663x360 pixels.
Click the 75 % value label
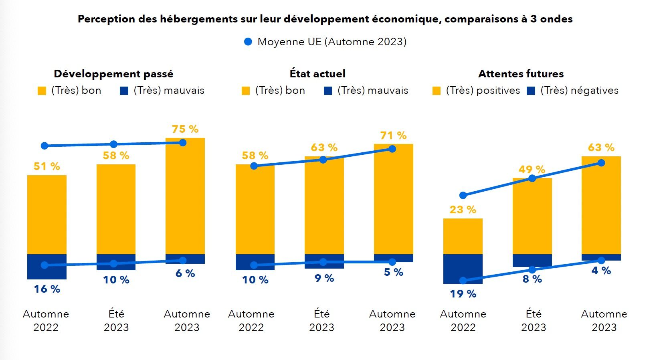tap(185, 129)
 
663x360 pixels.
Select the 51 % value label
tap(47, 166)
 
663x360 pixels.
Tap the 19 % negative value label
tap(463, 294)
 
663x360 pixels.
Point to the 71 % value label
tap(393, 136)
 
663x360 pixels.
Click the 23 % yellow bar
tap(463, 236)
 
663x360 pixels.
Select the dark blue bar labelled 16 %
tap(47, 267)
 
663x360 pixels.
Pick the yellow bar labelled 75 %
tap(185, 196)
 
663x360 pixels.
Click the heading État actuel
tap(317, 74)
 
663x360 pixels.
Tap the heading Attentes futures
tap(521, 74)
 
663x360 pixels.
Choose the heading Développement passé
tap(113, 74)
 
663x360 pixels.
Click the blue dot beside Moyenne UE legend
tap(248, 42)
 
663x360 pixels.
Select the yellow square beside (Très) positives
tap(437, 91)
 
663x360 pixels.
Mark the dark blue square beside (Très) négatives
tap(531, 91)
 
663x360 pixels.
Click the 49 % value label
tap(532, 170)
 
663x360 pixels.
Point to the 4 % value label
tap(601, 271)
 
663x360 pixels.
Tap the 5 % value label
tap(393, 272)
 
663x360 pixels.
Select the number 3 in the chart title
tap(533, 19)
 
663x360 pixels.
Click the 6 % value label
tap(185, 273)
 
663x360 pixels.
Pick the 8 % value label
tap(532, 279)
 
